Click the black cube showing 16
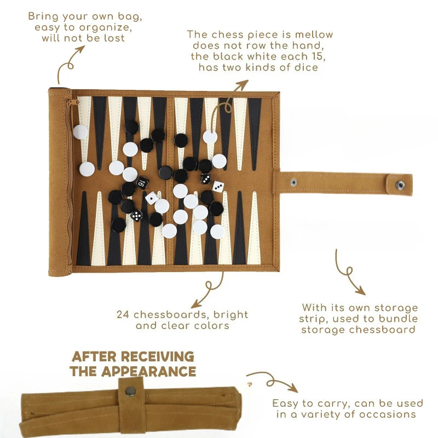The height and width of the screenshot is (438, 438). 142,183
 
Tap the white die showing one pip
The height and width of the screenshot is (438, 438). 152,198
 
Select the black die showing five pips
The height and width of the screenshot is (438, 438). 136,215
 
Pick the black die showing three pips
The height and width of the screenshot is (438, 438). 206,179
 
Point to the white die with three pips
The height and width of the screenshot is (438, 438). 217,186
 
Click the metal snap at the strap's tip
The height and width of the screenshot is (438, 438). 400,185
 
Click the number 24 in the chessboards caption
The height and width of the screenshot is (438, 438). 123,314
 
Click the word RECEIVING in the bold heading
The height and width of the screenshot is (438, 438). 158,357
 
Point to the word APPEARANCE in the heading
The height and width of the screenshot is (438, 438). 148,372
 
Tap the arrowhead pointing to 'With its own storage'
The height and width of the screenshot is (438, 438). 360,291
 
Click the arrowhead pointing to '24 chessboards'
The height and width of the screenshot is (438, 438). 196,304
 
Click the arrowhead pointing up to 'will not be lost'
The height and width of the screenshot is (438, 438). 80,50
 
